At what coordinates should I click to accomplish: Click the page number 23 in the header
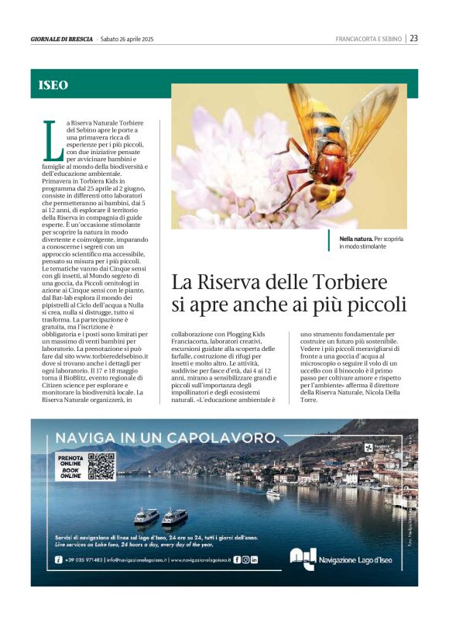click(x=414, y=38)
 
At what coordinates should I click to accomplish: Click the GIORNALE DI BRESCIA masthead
click(x=62, y=39)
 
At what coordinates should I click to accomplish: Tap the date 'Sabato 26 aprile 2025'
click(x=128, y=39)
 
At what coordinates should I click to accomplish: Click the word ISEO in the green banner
click(x=53, y=85)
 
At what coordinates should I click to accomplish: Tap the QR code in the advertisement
click(x=101, y=466)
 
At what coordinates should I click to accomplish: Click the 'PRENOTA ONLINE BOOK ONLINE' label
click(x=70, y=466)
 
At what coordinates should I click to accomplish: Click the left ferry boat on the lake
click(x=146, y=514)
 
